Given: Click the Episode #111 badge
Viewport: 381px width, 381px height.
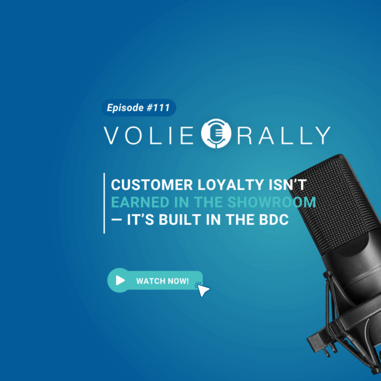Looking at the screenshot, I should click(138, 108).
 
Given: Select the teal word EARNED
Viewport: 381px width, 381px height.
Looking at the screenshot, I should click(136, 203).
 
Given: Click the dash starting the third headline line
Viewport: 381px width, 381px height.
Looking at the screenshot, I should click(116, 221).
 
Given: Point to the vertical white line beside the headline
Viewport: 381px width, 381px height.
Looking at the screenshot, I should click(104, 203).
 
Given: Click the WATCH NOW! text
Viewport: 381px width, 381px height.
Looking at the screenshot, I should click(162, 281).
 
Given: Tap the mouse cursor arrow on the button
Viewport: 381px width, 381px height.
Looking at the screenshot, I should click(204, 289).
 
